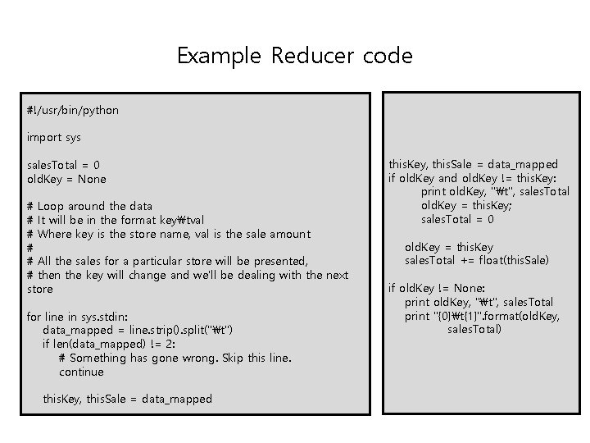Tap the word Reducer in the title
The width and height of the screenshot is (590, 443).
(310, 57)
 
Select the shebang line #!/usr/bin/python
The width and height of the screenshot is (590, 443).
(73, 110)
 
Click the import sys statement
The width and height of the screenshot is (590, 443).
(54, 137)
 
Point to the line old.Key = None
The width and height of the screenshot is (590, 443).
(66, 179)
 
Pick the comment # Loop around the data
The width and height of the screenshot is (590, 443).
(89, 206)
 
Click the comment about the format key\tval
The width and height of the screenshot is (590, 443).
(116, 220)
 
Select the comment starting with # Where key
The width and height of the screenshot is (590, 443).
(169, 234)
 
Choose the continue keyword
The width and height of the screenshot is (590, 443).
(81, 372)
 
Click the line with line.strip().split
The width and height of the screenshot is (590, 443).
(139, 330)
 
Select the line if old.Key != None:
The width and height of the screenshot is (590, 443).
(437, 288)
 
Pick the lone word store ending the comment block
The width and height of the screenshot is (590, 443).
(40, 289)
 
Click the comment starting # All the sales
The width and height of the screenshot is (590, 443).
(167, 261)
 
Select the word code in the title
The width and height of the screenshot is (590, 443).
(389, 57)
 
